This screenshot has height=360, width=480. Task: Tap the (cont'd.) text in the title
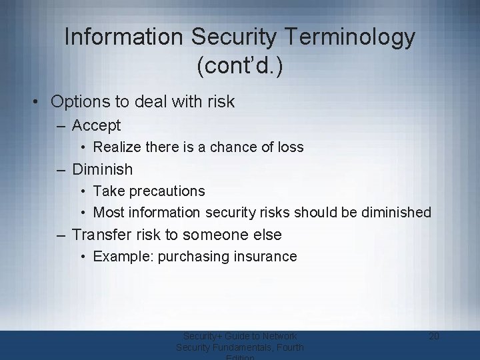tap(240, 67)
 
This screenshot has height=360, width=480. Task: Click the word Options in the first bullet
tap(77, 102)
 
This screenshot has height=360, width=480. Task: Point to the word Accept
tap(96, 125)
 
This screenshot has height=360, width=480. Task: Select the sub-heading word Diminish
tap(102, 169)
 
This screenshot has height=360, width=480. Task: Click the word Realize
tap(117, 147)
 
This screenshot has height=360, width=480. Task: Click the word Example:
tap(123, 257)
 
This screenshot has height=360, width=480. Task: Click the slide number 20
tap(433, 336)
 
